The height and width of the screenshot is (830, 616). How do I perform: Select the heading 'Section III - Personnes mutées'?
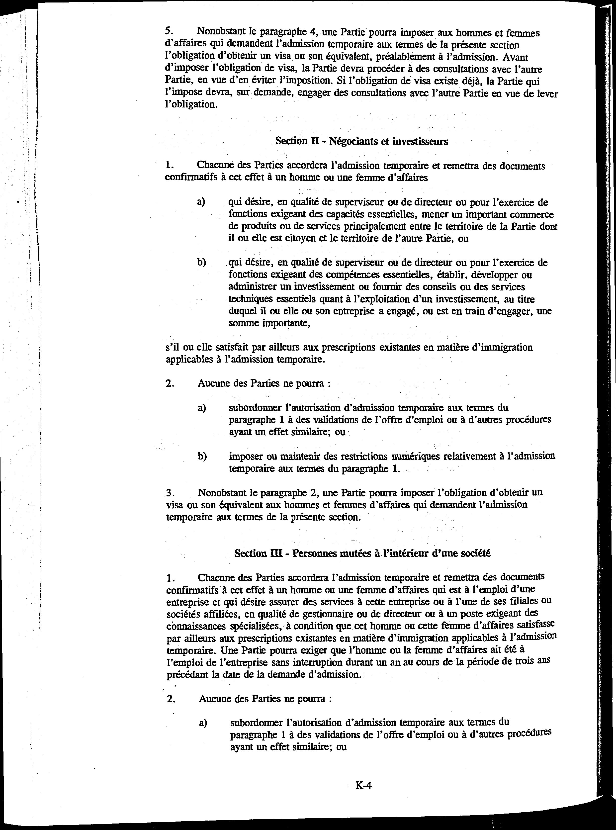click(362, 553)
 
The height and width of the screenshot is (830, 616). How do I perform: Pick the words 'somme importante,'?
click(269, 323)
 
